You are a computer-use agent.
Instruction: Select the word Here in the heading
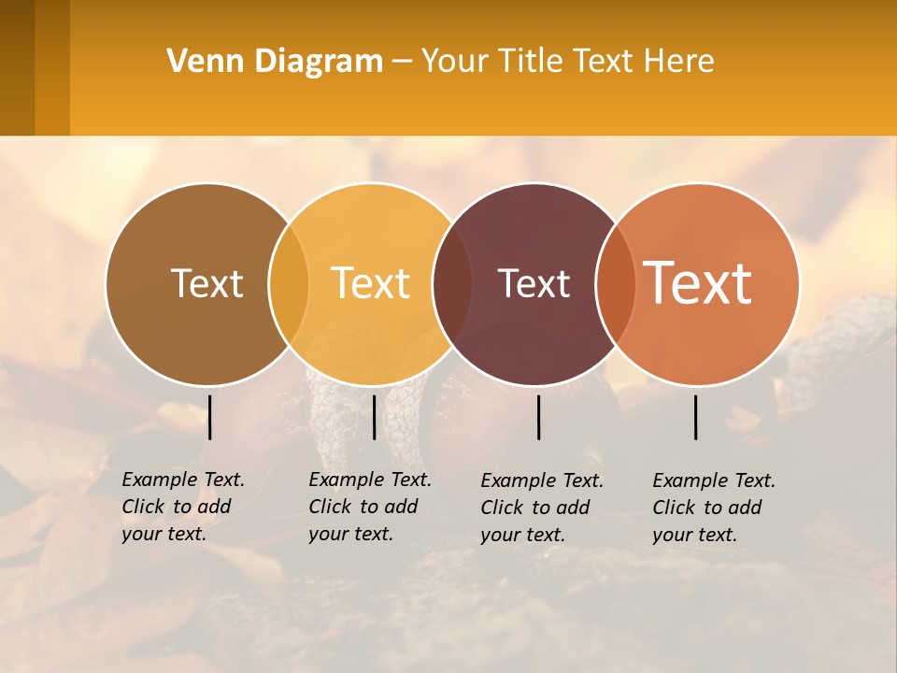[679, 62]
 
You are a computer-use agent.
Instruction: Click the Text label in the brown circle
[206, 283]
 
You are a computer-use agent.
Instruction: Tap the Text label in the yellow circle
[371, 283]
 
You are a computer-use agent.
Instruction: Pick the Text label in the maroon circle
[534, 283]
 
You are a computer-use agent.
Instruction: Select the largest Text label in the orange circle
[698, 283]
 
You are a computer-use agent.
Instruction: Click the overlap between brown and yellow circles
[289, 283]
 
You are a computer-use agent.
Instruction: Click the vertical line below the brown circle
[210, 417]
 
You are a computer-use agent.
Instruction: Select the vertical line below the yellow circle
[374, 417]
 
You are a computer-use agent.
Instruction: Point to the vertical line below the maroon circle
[539, 417]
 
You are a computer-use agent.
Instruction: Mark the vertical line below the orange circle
[696, 417]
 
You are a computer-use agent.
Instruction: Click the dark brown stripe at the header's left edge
[17, 67]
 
